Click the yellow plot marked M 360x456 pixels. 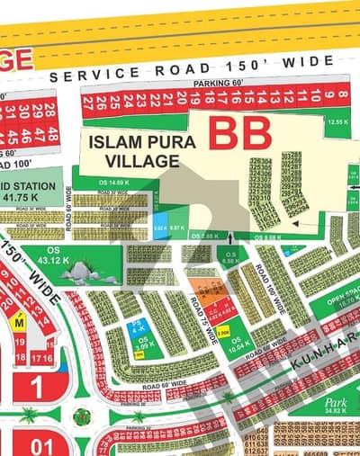coord(18,321)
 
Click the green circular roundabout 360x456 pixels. coord(81,416)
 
